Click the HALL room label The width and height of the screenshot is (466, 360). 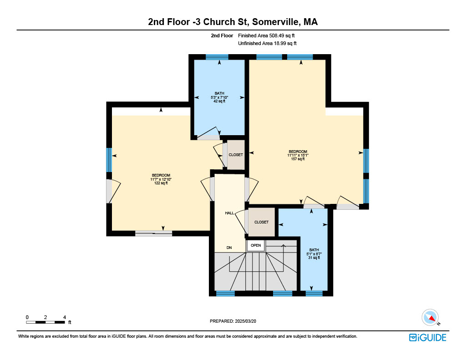coord(229,213)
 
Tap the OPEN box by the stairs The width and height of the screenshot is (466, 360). coord(256,246)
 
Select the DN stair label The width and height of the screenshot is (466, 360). coord(229,248)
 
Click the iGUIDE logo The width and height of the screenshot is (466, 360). coord(427,337)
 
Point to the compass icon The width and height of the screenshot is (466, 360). coord(430,318)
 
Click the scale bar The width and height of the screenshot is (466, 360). coord(46,322)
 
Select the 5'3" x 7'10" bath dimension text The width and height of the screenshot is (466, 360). coord(219,97)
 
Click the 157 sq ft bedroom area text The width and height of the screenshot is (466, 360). coord(298,159)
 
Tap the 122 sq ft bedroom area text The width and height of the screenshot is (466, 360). coord(161,183)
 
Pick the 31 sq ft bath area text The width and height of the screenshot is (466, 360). coord(314,258)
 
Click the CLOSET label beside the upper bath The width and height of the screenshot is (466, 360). coord(236,155)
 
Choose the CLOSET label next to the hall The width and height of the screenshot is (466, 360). coord(261,222)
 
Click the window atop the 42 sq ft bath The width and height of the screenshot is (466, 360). coord(217,57)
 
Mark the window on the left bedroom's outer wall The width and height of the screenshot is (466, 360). coord(109,160)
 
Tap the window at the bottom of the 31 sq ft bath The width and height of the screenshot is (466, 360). coord(314,294)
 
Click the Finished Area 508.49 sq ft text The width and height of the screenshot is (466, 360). coord(266,35)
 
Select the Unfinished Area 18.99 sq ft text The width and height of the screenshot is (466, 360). coord(267,43)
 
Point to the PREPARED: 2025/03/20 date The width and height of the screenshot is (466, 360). coord(233,321)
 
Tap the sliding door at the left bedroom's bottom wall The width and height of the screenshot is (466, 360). coord(154,233)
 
